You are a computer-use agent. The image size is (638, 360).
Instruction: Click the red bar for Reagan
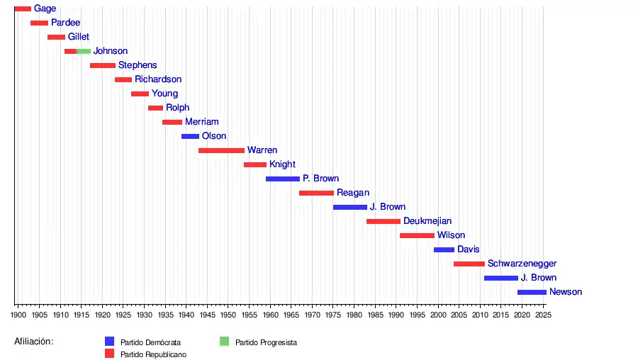pyautogui.click(x=316, y=193)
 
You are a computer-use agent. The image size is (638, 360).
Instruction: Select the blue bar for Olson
pyautogui.click(x=190, y=136)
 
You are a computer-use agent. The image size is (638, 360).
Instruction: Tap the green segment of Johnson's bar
pyautogui.click(x=84, y=51)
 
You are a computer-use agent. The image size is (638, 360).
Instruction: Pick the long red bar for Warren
pyautogui.click(x=221, y=150)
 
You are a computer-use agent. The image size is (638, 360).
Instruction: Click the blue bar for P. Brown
pyautogui.click(x=283, y=179)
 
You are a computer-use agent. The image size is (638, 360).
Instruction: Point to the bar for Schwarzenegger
pyautogui.click(x=469, y=264)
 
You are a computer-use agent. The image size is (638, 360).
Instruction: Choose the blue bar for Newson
pyautogui.click(x=532, y=292)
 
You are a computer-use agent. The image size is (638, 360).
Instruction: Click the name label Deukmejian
pyautogui.click(x=427, y=221)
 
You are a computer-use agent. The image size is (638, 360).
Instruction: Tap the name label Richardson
pyautogui.click(x=158, y=79)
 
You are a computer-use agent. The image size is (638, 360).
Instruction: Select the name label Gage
pyautogui.click(x=45, y=9)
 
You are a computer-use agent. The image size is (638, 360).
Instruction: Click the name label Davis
pyautogui.click(x=468, y=249)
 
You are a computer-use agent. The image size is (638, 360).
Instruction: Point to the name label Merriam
pyautogui.click(x=202, y=122)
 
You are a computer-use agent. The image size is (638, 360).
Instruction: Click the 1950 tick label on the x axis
pyautogui.click(x=228, y=314)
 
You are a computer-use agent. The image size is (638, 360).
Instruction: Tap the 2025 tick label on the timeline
pyautogui.click(x=543, y=314)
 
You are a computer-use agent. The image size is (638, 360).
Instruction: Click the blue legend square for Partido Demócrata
pyautogui.click(x=109, y=341)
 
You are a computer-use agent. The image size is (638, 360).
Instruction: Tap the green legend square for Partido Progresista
pyautogui.click(x=225, y=341)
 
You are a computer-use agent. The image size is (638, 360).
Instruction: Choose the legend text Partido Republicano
pyautogui.click(x=153, y=354)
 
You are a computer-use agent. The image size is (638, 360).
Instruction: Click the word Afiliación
pyautogui.click(x=34, y=342)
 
